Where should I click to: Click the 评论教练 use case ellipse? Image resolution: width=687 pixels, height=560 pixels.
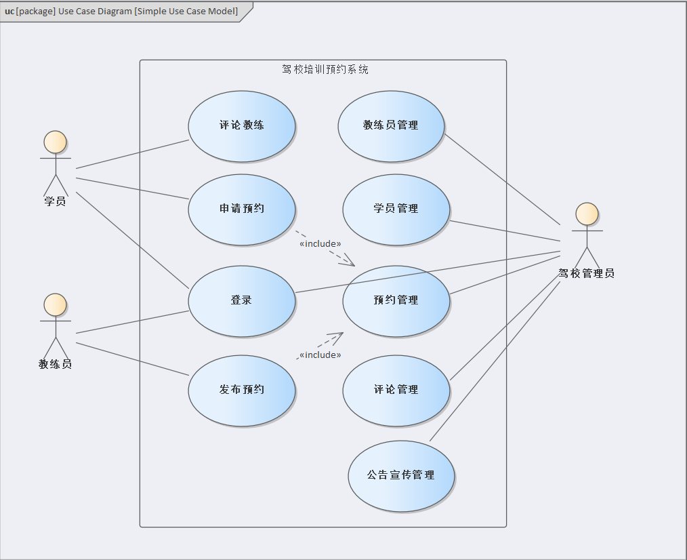pos(242,126)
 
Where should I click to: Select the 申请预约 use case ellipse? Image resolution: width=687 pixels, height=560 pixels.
pos(242,209)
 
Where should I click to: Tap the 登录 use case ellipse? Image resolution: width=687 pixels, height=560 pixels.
pos(242,300)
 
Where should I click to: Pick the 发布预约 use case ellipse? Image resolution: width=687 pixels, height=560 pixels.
pos(242,390)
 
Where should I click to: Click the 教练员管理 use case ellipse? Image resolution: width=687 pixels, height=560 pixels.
pos(391,126)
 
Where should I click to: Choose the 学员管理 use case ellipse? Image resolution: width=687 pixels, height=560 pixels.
pos(396,209)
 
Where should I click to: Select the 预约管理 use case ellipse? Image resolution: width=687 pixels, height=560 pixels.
pos(396,300)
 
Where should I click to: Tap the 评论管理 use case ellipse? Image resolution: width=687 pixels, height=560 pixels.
pos(396,390)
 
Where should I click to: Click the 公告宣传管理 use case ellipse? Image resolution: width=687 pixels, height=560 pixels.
pos(401,476)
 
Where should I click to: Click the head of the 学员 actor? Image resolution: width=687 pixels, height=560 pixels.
pos(55,142)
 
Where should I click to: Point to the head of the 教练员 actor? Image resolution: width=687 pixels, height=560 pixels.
pos(55,305)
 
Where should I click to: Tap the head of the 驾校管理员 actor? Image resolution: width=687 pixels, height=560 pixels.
pos(587,214)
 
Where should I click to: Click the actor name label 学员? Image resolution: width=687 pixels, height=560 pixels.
pos(55,201)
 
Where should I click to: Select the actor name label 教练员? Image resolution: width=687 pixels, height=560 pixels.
pos(55,364)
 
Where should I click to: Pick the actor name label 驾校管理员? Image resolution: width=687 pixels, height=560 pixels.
pos(587,274)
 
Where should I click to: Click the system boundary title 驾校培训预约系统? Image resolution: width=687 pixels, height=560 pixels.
pos(325,69)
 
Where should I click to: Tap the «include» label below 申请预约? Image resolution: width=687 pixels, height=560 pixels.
pos(320,243)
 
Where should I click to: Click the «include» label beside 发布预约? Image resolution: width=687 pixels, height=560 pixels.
pos(320,355)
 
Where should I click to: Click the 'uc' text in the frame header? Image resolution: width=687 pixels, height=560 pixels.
pos(9,12)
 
